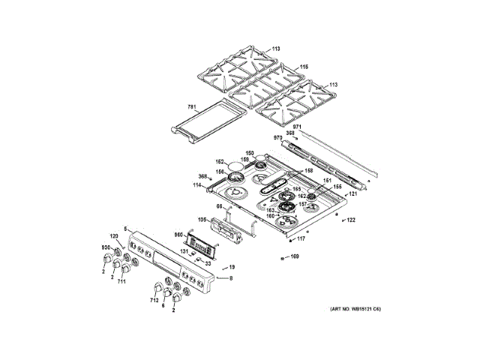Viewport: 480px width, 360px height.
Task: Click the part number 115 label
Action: click(304, 67)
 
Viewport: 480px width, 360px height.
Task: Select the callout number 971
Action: click(297, 127)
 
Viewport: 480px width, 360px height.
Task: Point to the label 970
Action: click(277, 139)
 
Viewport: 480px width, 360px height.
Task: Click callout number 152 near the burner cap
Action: click(220, 161)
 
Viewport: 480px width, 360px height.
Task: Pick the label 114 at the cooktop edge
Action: click(197, 185)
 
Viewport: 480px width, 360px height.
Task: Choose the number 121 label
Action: click(353, 194)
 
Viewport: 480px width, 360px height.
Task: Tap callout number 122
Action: click(350, 220)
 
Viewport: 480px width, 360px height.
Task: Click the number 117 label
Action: click(301, 238)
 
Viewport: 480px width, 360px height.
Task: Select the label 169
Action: click(295, 257)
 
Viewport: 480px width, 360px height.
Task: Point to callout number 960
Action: click(178, 234)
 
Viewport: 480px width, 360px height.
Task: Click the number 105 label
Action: click(202, 220)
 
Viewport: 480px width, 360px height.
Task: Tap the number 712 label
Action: click(154, 301)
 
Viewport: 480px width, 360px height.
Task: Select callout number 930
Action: click(106, 247)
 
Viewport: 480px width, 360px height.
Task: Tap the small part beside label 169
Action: click(280, 257)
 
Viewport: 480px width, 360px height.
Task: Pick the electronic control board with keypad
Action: click(202, 242)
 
